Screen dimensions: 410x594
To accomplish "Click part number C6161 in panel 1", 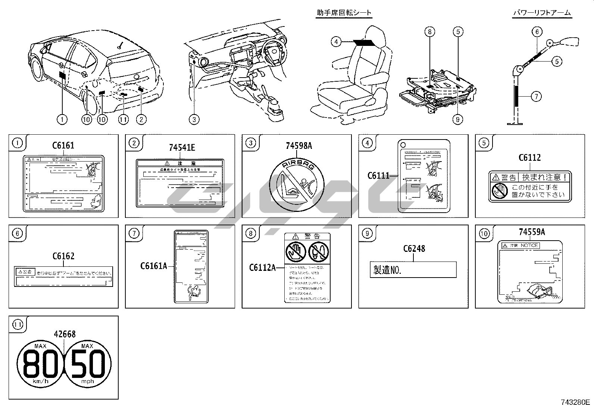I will point(63,145).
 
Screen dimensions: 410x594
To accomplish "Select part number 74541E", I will point(182,147).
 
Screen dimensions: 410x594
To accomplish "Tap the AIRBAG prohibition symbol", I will point(297,185).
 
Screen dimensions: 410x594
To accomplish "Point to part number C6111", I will point(378,175).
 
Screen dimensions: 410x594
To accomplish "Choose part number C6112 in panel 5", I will point(529,158).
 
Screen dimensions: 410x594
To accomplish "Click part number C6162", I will point(63,256).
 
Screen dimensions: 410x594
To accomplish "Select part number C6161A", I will point(153,266).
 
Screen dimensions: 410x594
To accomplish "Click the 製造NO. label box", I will point(413,269).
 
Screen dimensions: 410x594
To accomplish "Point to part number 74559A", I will point(532,232).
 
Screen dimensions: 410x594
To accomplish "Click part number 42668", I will point(65,334).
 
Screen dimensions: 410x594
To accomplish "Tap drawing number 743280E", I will point(575,403).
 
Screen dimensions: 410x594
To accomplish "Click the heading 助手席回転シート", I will point(344,13).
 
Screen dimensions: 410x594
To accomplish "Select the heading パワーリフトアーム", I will point(542,13).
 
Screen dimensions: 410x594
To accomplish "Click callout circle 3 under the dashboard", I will point(194,119).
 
